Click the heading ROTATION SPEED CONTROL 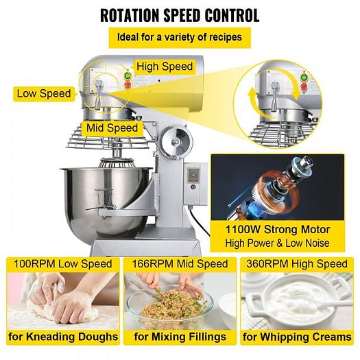point(180,13)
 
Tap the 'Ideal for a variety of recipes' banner point(180,37)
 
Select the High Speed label point(165,67)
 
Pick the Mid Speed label point(111,128)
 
